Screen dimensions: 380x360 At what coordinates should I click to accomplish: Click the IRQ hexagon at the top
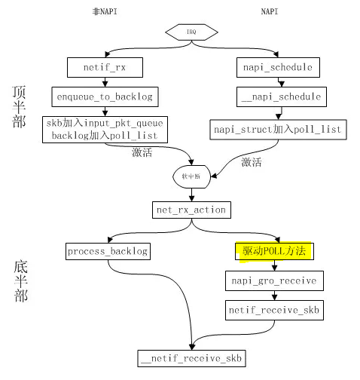192,33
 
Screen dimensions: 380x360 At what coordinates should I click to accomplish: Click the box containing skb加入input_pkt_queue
105,128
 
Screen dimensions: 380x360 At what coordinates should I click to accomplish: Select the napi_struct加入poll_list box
277,129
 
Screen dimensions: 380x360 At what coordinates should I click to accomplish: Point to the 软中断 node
192,176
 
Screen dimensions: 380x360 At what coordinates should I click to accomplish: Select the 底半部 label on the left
21,280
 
